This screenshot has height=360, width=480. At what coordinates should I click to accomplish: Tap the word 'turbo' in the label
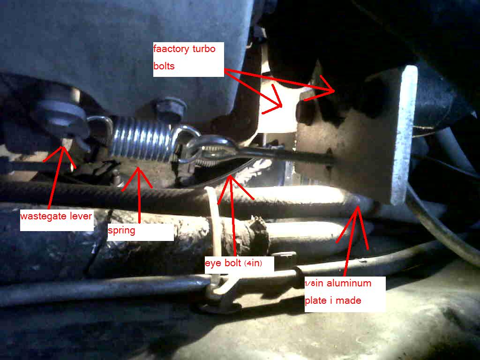click(x=204, y=49)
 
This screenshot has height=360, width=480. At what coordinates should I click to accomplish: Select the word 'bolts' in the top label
click(x=164, y=66)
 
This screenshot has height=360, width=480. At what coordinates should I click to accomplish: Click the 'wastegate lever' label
click(x=56, y=216)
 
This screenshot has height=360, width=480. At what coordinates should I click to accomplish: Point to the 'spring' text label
click(x=121, y=231)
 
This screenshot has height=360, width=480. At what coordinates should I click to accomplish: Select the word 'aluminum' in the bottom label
click(x=349, y=283)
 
